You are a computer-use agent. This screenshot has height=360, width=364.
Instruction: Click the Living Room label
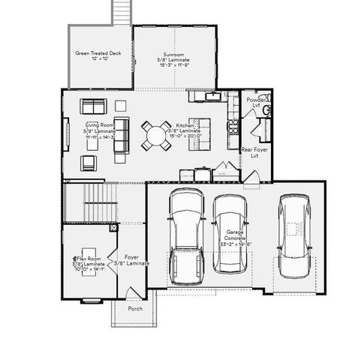pyautogui.click(x=99, y=131)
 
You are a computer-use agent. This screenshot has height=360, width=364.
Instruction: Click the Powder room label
pyautogui.click(x=255, y=103)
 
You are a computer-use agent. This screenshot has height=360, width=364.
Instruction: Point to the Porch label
pyautogui.click(x=135, y=308)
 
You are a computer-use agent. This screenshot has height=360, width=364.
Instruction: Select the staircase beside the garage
pyautogui.click(x=88, y=203)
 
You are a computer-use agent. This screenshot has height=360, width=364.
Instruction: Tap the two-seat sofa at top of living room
pyautogui.click(x=95, y=106)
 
